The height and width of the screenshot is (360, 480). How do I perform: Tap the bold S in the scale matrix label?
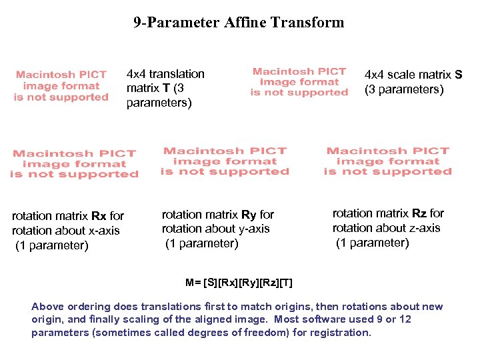coord(458,75)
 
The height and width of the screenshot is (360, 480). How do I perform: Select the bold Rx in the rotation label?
coord(99,216)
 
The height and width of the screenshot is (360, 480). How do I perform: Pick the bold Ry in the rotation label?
coord(249,215)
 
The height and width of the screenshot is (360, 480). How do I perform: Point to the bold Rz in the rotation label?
coord(419,213)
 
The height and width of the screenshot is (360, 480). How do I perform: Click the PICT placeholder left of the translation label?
coord(61,86)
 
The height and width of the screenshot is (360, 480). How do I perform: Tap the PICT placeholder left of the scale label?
coord(299,82)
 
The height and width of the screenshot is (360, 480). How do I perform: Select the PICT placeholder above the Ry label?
coord(225,161)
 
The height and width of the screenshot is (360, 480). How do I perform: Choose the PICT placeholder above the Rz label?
coord(388,161)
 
